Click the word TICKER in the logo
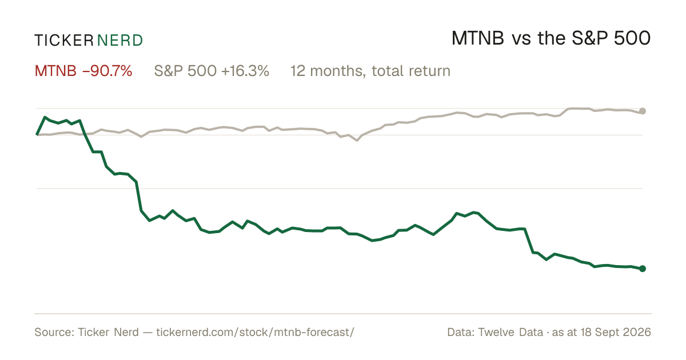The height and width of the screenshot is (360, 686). point(64,41)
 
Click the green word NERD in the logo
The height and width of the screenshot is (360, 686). point(119,41)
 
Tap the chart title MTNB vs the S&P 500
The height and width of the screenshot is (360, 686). point(551,38)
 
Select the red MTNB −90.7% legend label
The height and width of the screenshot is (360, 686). point(83,71)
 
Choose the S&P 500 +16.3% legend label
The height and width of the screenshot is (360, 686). point(212,71)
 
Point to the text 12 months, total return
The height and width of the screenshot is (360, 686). point(370,71)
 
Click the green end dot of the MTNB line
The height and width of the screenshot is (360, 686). point(643,269)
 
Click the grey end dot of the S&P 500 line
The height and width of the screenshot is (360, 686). point(643,111)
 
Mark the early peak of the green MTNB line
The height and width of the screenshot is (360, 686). point(45,117)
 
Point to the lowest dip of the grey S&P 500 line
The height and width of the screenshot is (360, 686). point(357,141)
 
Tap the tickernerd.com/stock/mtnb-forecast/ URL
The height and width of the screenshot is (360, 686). point(255,332)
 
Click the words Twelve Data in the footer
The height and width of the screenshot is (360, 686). point(510,332)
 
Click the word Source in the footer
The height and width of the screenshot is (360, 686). point(53,332)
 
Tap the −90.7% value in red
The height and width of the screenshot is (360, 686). point(107,71)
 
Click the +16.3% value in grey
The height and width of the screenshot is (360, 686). point(245,71)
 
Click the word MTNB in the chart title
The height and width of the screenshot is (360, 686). point(478,38)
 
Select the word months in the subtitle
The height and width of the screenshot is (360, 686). point(337,71)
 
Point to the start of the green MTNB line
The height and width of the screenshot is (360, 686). point(37,135)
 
